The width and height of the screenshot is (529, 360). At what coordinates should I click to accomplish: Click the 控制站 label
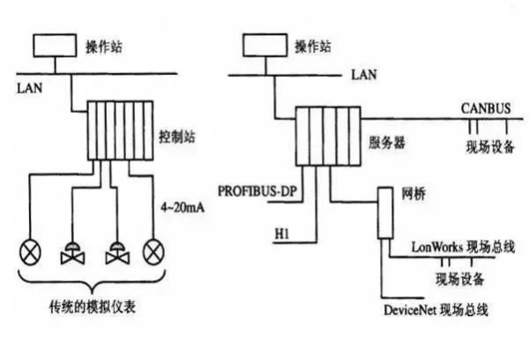177,139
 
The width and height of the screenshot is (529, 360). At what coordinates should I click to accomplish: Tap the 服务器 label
385,142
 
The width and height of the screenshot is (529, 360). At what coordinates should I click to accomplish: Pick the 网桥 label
414,191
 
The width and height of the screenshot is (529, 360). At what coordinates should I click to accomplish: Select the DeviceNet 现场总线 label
436,310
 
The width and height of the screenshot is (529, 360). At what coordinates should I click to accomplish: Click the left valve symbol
70,256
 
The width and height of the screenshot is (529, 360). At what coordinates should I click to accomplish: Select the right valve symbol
114,256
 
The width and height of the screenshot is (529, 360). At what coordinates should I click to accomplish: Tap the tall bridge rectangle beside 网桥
385,213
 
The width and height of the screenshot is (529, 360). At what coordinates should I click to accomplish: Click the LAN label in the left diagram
29,87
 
